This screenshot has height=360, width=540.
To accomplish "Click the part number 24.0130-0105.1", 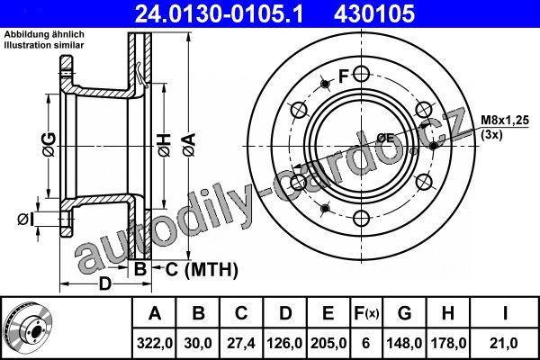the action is click(x=219, y=13).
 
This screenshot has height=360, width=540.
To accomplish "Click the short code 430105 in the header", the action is click(x=374, y=13).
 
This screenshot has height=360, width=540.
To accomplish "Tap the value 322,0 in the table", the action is click(x=154, y=343).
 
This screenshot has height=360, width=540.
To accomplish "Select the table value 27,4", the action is click(x=241, y=343).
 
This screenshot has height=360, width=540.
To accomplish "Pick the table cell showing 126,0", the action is click(x=284, y=343).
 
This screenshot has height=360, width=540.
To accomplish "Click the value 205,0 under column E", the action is click(x=328, y=343).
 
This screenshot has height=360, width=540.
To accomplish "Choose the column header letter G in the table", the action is click(x=404, y=313).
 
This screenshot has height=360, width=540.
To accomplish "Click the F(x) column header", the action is click(x=366, y=313).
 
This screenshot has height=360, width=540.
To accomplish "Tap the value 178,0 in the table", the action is click(x=447, y=343).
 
